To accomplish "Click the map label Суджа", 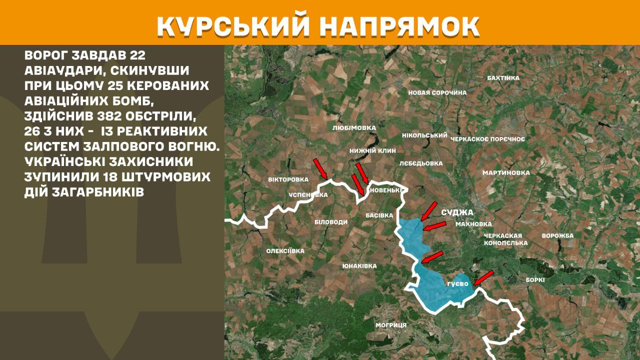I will tap(457, 212).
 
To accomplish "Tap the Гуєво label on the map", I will tap(457, 284).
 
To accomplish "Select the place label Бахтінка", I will tap(503, 78).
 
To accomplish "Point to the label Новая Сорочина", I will tap(437, 92).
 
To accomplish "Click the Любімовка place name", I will tap(353, 127).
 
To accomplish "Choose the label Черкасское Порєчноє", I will tap(487, 138).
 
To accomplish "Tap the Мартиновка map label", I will tap(505, 172).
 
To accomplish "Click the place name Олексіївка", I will tap(285, 251).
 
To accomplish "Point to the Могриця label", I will tap(391, 325).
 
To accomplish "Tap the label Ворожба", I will tap(557, 235).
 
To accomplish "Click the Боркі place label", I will tap(535, 280).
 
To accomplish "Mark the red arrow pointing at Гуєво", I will tap(483, 277).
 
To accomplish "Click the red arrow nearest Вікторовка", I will tap(320, 168).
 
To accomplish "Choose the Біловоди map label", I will tap(330, 221).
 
